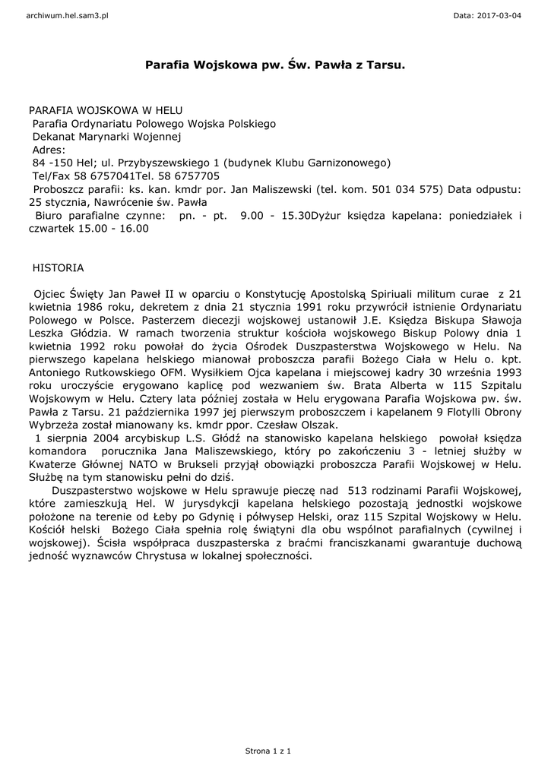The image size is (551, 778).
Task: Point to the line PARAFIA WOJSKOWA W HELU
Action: [x=106, y=110]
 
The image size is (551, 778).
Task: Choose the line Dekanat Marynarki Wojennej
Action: [x=106, y=137]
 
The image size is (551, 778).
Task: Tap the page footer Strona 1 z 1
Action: [x=268, y=751]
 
